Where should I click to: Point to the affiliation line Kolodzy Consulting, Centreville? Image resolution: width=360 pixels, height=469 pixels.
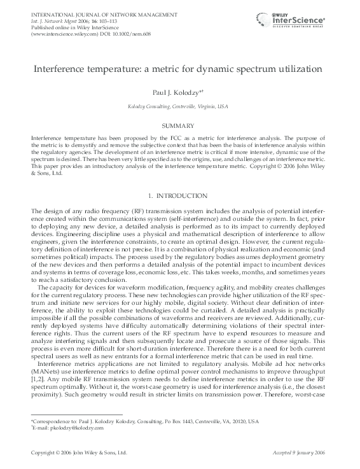[179, 108]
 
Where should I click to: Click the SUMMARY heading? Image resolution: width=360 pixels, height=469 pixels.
[179, 127]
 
